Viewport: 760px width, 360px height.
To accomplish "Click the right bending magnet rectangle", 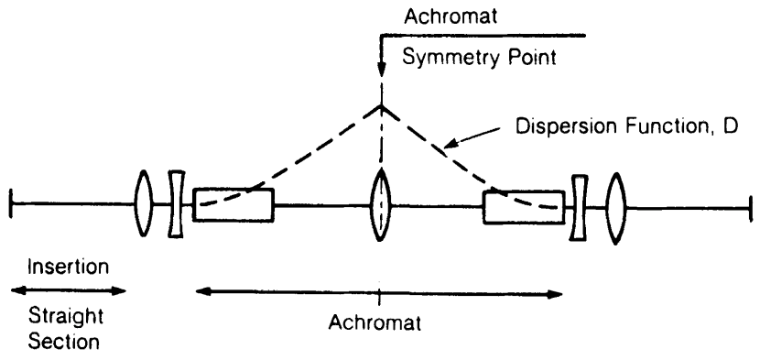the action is coord(523,206).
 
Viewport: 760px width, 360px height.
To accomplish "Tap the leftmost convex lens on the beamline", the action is coord(145,202).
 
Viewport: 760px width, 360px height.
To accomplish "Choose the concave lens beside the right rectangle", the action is coord(578,207).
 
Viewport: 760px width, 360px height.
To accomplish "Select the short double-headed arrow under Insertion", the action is coord(68,290).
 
